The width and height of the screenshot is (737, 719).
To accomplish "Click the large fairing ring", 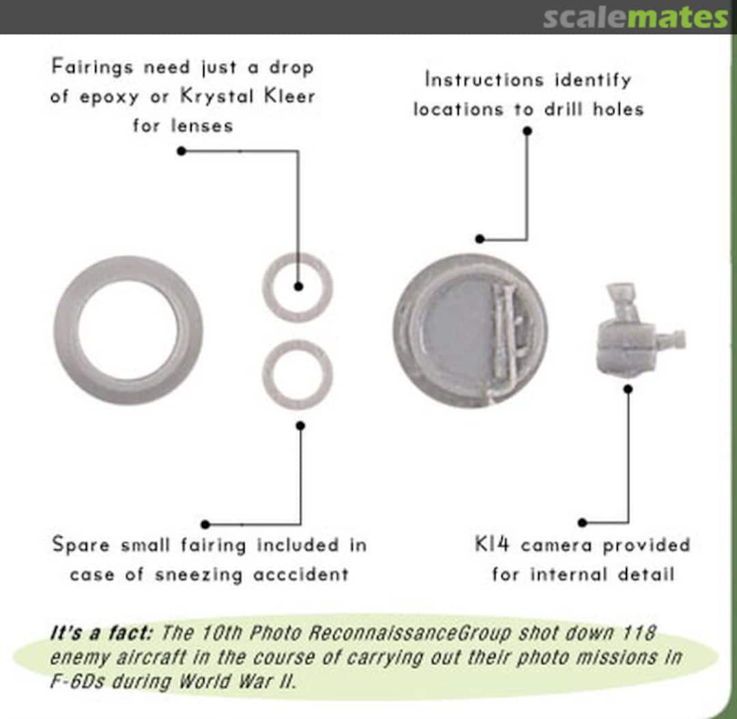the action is pos(66,329).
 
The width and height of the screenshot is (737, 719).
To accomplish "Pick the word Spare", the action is pos(81,545).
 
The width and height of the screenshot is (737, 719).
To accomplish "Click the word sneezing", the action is pos(199,575).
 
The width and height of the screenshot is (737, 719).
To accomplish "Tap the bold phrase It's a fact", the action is pos(102,632).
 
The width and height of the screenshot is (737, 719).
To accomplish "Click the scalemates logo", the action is pos(635,17).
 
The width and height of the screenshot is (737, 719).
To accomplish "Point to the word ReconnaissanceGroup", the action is pos(409,633).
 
